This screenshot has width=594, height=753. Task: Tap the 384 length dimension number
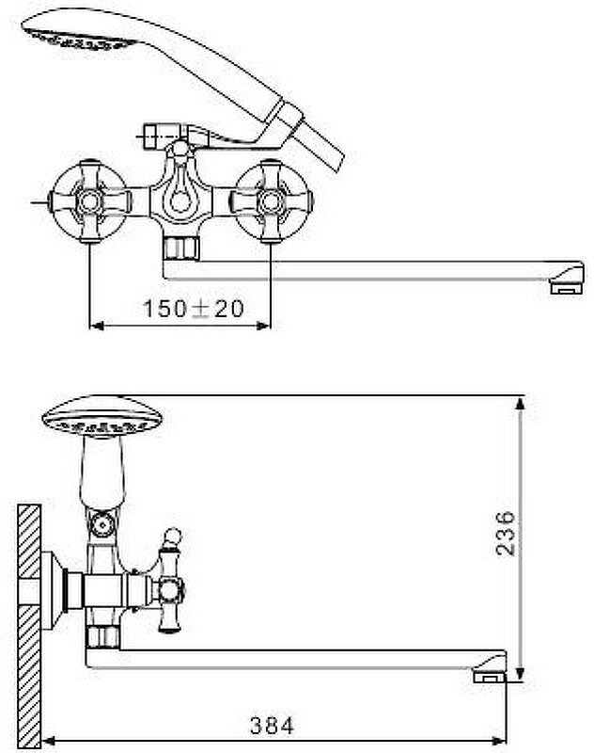[x=273, y=726]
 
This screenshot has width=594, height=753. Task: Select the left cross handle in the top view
[x=91, y=200]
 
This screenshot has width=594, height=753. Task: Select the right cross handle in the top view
[x=271, y=200]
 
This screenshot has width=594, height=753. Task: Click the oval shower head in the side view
[x=103, y=417]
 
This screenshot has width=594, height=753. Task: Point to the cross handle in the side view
[x=173, y=592]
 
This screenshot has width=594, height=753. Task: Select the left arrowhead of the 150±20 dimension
[x=93, y=326]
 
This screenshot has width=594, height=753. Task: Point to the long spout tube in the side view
[x=282, y=659]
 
